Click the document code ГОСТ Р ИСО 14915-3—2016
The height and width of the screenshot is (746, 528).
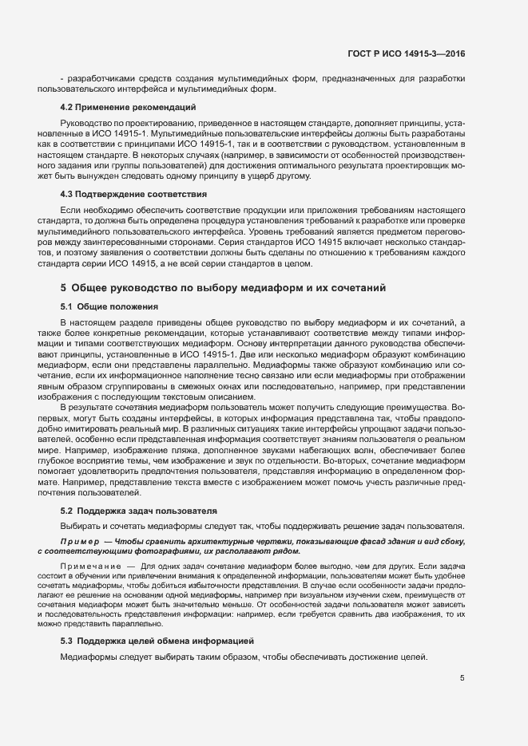406,53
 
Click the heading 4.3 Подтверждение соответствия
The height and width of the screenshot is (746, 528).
133,194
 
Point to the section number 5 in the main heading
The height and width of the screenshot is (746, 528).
63,286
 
